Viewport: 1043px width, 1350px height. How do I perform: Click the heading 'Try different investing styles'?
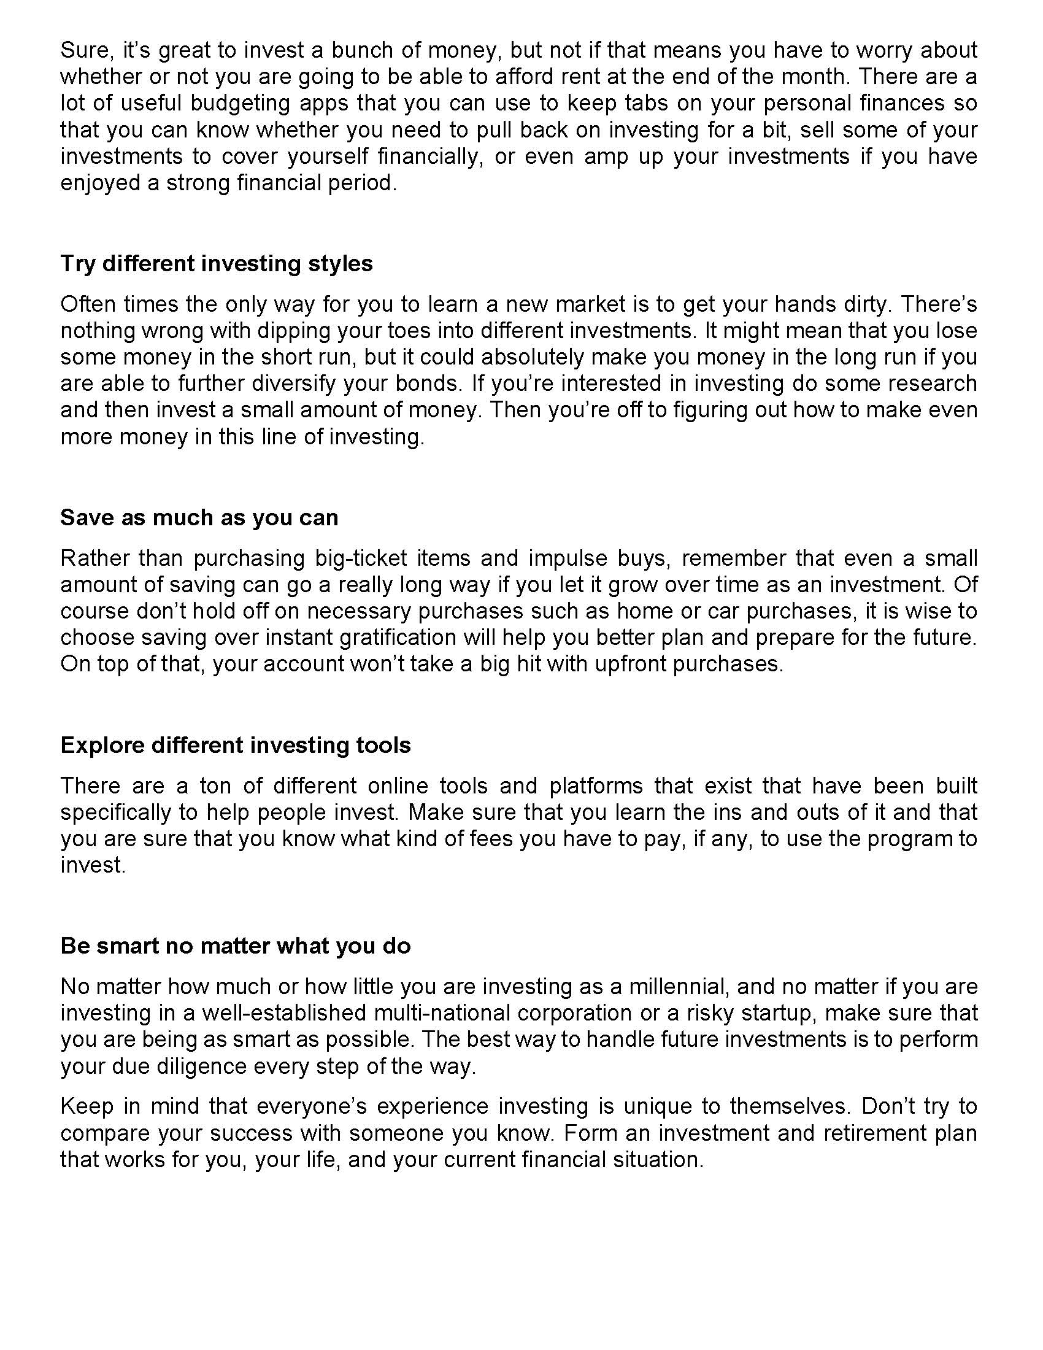tap(216, 264)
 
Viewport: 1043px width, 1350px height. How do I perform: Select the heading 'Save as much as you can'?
tap(199, 517)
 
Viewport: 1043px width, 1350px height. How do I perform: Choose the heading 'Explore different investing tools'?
tap(236, 746)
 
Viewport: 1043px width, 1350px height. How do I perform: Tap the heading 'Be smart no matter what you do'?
tap(236, 946)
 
